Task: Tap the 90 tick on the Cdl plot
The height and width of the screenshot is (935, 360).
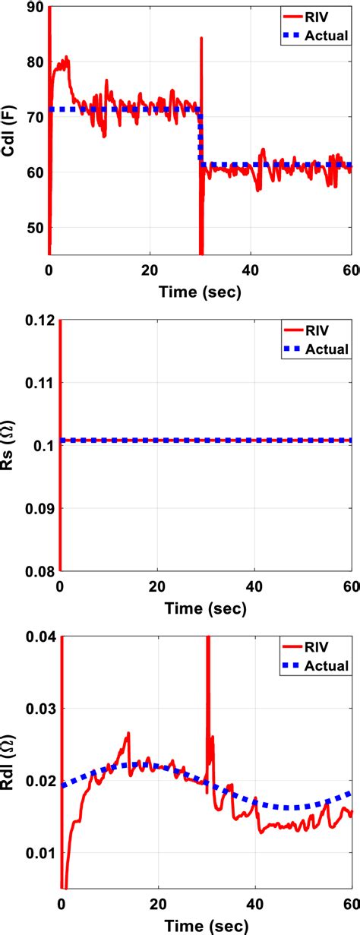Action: click(x=33, y=8)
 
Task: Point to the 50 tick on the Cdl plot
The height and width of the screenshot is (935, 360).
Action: click(x=33, y=228)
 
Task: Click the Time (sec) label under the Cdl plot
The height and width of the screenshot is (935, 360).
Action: click(x=200, y=292)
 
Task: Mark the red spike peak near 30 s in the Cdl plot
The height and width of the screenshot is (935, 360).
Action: click(x=201, y=38)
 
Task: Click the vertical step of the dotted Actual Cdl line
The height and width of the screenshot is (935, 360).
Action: click(x=201, y=137)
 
